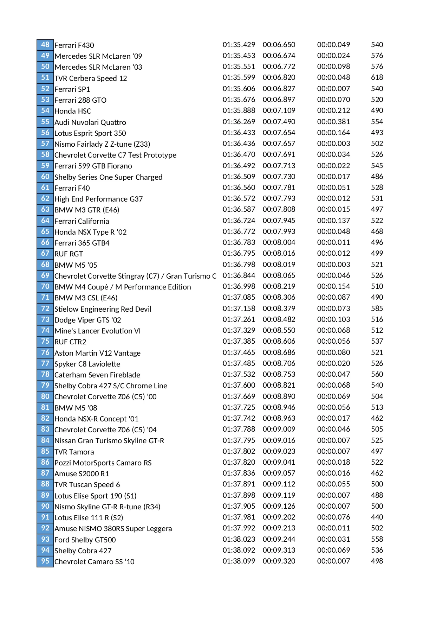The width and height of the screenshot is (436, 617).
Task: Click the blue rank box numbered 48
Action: (45, 45)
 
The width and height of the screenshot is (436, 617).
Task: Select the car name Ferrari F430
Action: (74, 45)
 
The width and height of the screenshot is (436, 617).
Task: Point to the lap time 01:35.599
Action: (239, 77)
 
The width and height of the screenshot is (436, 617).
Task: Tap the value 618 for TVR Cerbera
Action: (377, 77)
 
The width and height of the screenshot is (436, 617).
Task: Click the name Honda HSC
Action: (73, 111)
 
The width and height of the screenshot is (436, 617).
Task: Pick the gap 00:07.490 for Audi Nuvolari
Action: (279, 122)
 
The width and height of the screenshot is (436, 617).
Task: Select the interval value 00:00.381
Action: (333, 122)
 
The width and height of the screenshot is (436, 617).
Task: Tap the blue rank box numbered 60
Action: (45, 177)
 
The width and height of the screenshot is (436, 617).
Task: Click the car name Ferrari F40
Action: (72, 188)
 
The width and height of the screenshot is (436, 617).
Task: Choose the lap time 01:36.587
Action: (239, 209)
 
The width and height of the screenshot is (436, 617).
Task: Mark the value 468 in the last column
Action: (377, 231)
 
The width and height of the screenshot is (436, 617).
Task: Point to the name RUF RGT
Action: (69, 254)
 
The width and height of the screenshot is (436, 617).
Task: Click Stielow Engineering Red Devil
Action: (103, 309)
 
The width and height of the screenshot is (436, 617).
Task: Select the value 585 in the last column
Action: (377, 308)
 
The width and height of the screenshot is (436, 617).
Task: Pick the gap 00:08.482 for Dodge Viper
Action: (279, 319)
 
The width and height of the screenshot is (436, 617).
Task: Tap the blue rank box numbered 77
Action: (45, 363)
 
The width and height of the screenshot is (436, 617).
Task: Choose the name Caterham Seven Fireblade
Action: (97, 375)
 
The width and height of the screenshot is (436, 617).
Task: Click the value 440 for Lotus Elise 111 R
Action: (377, 517)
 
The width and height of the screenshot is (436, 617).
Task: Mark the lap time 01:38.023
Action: (239, 539)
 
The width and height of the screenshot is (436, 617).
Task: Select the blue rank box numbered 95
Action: (45, 561)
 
